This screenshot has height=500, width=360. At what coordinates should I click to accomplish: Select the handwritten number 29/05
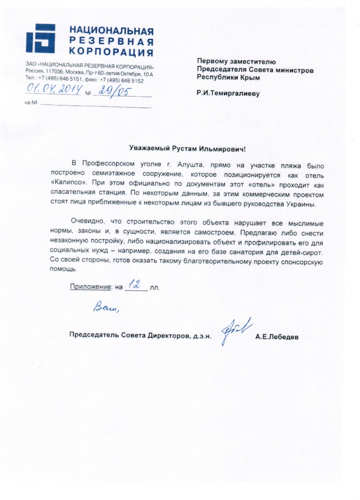click(x=111, y=91)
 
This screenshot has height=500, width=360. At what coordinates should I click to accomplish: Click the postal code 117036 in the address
click(x=55, y=73)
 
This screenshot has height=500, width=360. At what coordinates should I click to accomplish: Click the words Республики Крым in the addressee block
click(x=228, y=77)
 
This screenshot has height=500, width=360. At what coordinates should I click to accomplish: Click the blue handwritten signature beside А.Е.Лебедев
click(x=236, y=330)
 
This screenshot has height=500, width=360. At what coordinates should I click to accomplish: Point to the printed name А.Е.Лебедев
click(x=277, y=337)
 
